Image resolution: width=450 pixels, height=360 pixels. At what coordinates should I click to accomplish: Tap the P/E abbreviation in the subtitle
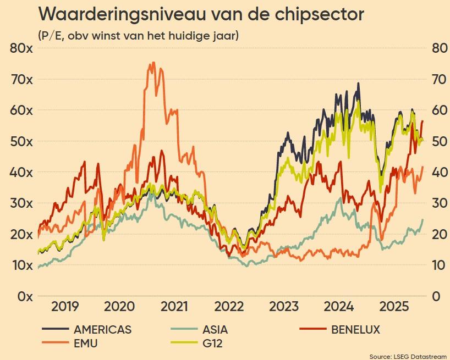(x=49, y=35)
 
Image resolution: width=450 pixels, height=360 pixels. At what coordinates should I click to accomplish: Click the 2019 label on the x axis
(x=65, y=307)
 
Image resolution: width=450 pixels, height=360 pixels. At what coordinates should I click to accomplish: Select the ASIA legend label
(x=215, y=330)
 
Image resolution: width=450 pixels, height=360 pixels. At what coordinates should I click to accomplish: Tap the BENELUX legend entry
(x=355, y=330)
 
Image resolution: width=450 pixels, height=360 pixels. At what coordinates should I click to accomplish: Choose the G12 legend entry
(x=215, y=344)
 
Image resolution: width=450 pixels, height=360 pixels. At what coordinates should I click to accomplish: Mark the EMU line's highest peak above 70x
(x=152, y=63)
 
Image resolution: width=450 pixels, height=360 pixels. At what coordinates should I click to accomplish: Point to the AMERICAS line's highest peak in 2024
(x=359, y=84)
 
